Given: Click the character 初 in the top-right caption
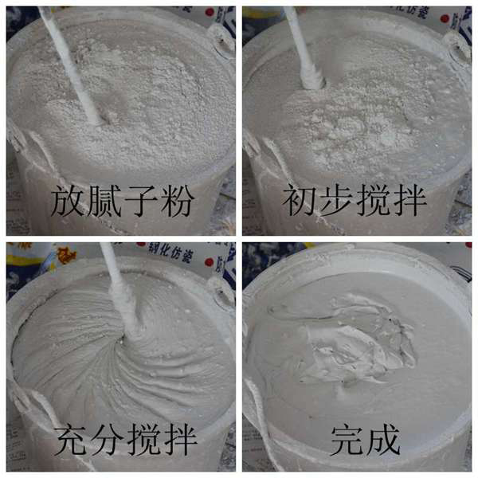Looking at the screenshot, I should [300, 201].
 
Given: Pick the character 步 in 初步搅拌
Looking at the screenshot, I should [336, 201].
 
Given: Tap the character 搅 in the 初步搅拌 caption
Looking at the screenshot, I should [373, 201].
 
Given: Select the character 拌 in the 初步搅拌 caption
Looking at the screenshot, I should [409, 201].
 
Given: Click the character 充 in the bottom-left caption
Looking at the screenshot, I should [72, 440].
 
